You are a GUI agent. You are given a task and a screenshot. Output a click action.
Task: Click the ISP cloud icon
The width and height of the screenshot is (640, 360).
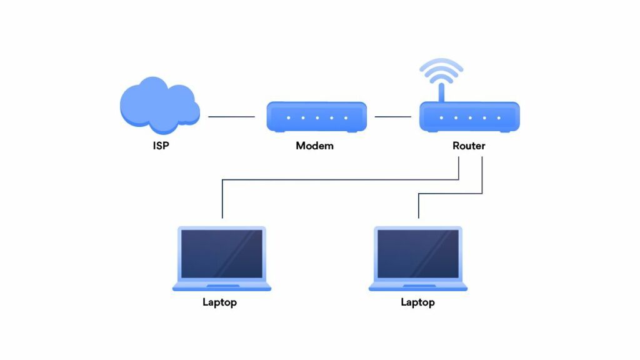click(x=160, y=105)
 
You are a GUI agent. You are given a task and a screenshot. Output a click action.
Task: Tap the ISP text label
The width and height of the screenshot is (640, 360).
click(x=161, y=146)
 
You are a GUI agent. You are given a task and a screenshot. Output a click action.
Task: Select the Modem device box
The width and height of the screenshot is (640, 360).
click(x=316, y=117)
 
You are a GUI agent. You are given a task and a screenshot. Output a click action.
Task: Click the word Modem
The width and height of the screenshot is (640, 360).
click(x=315, y=146)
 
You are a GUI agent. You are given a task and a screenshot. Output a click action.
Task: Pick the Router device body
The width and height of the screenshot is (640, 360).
click(x=469, y=117)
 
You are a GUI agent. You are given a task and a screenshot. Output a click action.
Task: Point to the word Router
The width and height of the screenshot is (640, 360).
click(x=469, y=146)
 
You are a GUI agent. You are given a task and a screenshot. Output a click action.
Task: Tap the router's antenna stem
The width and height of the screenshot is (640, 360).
click(x=441, y=92)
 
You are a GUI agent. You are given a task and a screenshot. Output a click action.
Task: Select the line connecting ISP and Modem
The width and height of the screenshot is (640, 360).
click(x=231, y=117)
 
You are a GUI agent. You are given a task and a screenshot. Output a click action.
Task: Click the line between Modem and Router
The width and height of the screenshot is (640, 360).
click(x=393, y=117)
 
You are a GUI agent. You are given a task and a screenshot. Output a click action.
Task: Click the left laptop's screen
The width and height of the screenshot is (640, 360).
click(x=222, y=254)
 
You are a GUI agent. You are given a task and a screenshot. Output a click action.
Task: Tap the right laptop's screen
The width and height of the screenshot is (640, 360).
click(x=418, y=254)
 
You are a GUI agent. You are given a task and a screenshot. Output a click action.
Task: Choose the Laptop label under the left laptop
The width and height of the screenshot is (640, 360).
click(x=219, y=302)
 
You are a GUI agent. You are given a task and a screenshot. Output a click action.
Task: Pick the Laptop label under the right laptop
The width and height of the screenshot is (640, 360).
click(x=417, y=302)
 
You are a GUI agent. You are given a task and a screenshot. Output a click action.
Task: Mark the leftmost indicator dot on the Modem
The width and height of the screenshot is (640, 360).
click(x=289, y=118)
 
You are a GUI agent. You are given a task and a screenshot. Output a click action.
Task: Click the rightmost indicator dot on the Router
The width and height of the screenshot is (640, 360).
click(x=499, y=118)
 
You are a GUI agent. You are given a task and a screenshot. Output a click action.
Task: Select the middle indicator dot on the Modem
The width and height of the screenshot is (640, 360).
click(x=317, y=118)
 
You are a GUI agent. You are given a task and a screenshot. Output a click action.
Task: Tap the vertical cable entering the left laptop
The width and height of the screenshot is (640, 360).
click(x=222, y=199)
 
